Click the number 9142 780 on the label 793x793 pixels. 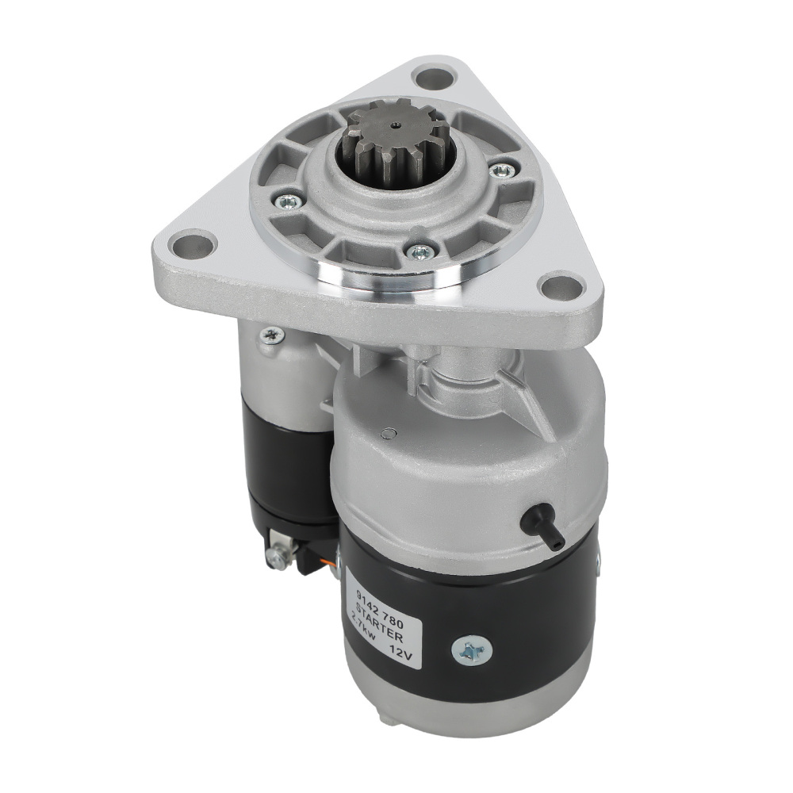pyautogui.click(x=380, y=598)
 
